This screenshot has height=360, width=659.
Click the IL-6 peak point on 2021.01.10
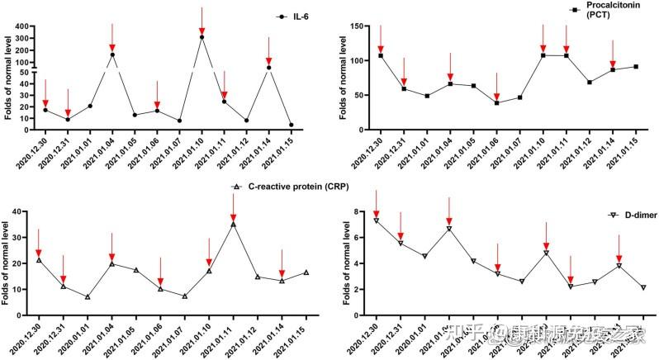coord(201,37)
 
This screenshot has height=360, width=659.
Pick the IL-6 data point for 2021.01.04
coord(112,55)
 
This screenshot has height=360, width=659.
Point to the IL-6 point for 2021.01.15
coord(291,125)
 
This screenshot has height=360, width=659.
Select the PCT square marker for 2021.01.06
coord(497,102)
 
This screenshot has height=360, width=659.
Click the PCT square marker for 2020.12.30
coord(381,55)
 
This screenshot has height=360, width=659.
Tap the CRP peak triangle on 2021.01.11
coord(234,224)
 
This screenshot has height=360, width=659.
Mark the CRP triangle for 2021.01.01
coord(88,296)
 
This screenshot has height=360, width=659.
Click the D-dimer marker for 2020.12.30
coord(377,220)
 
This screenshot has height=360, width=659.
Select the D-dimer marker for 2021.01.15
coord(643,287)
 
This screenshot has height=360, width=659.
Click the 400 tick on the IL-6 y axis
coord(25,26)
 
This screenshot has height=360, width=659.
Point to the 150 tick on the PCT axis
coord(357,26)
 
